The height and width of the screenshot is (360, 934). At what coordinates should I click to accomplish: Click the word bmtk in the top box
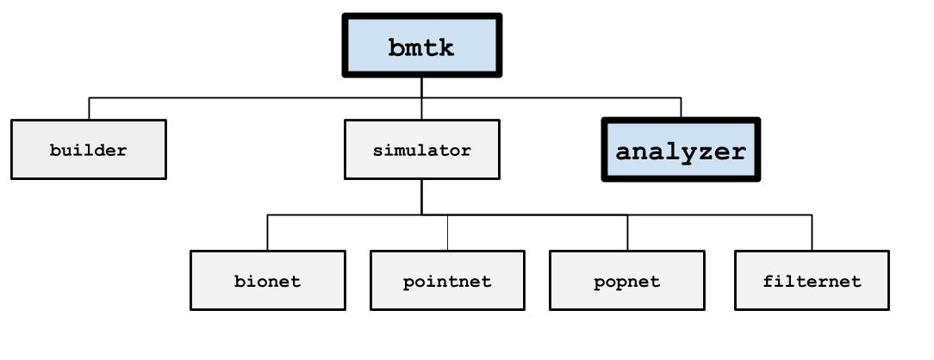[x=421, y=47]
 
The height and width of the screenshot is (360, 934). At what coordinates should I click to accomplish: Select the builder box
[x=89, y=149]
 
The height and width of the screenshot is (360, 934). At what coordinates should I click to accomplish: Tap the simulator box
[x=421, y=149]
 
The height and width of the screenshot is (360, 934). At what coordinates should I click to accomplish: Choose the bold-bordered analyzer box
[x=681, y=149]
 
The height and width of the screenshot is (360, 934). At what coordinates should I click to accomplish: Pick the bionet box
[x=267, y=280]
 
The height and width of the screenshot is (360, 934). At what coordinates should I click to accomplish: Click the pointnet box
[x=447, y=280]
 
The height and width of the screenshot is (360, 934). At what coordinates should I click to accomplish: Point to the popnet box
[x=627, y=280]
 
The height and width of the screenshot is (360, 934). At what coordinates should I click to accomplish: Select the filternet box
[x=812, y=280]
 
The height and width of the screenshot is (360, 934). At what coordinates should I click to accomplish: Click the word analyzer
[x=681, y=152]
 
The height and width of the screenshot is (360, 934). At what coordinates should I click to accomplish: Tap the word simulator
[x=421, y=150]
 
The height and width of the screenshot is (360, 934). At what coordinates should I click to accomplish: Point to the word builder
[x=88, y=150]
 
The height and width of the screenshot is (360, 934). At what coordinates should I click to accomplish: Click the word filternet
[x=812, y=281]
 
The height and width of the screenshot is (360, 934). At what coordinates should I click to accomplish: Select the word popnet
[x=627, y=282]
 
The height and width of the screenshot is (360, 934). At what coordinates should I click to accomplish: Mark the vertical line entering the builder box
[x=89, y=109]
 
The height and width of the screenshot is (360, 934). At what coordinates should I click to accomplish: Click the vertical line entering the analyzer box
[x=681, y=107]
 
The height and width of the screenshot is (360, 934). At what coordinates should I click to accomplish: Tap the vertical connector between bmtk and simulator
[x=421, y=98]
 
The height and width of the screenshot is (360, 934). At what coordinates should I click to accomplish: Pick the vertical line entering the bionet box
[x=267, y=232]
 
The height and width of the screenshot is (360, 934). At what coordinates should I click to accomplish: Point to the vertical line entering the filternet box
[x=812, y=232]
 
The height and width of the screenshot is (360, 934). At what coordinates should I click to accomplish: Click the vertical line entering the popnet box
[x=627, y=232]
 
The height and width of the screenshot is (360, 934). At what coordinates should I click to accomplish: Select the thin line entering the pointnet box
[x=447, y=232]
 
